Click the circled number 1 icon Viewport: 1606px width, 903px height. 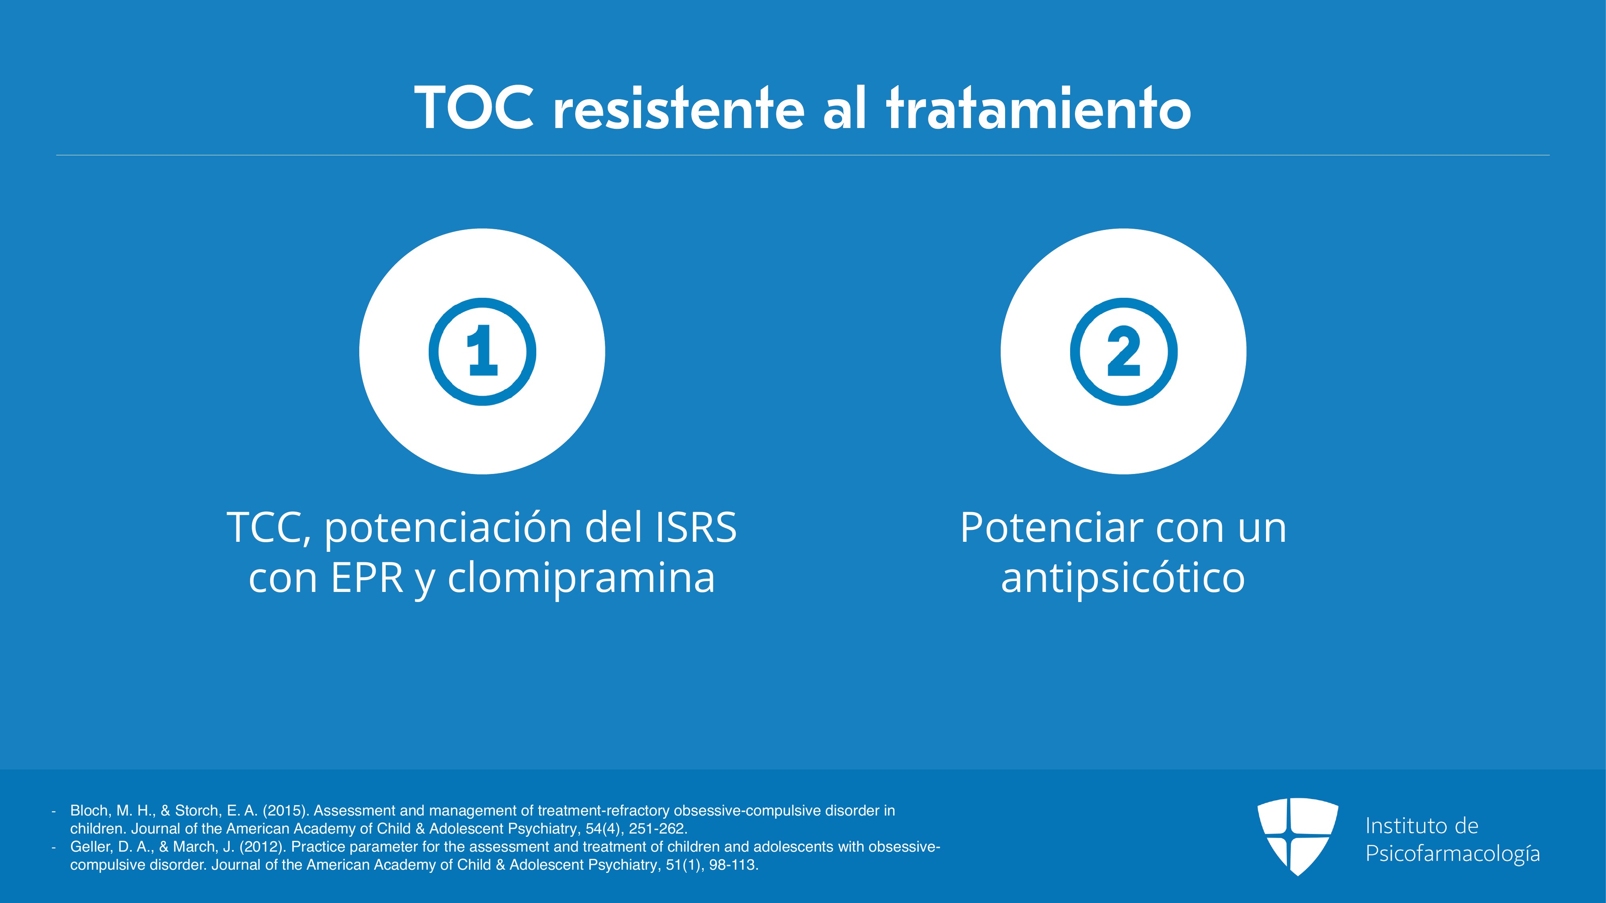482,352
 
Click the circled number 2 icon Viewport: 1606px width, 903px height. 1124,352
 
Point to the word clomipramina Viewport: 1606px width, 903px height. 581,577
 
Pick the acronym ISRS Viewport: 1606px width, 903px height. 696,527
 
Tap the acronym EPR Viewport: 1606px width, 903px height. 367,578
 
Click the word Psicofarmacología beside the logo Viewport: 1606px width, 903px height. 1453,853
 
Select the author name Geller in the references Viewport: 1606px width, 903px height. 90,846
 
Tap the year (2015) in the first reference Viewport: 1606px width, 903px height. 285,810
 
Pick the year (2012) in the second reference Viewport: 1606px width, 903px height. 263,846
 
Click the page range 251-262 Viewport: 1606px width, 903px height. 658,828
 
